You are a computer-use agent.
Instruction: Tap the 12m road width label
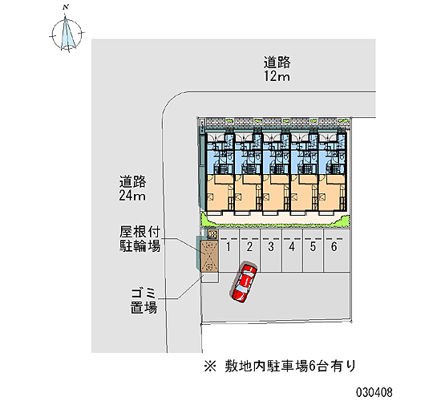[x=277, y=76]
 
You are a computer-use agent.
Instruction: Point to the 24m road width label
[x=132, y=196]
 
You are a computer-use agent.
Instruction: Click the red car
[x=244, y=283]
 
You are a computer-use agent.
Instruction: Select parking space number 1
[x=229, y=250]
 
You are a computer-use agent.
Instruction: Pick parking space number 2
[x=249, y=250]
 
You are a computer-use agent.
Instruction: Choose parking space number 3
[x=271, y=250]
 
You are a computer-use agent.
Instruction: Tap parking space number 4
[x=292, y=250]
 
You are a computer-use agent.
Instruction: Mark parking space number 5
[x=313, y=250]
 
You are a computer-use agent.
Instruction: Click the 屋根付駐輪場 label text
[x=140, y=239]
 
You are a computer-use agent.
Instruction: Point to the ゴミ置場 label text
[x=144, y=301]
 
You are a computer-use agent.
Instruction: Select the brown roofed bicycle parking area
[x=209, y=256]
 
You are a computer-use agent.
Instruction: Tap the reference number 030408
[x=374, y=392]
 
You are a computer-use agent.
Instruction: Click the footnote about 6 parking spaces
[x=280, y=366]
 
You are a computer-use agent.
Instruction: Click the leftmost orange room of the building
[x=220, y=192]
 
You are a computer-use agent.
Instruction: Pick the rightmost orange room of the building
[x=332, y=192]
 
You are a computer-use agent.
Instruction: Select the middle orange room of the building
[x=276, y=192]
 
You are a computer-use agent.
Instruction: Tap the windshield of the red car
[x=241, y=288]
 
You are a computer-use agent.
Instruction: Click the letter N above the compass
[x=66, y=7]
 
